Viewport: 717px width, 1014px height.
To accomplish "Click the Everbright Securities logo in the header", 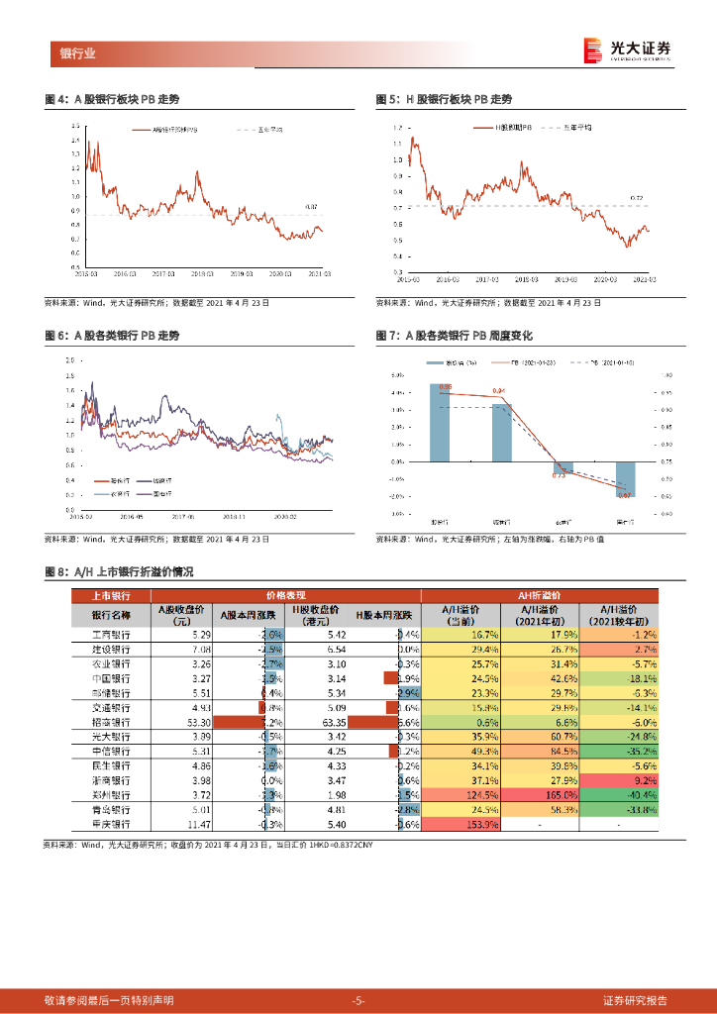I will (x=627, y=50).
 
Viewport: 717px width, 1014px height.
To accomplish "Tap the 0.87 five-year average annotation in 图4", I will (x=311, y=206).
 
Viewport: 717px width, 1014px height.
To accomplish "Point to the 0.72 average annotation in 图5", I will (x=637, y=198).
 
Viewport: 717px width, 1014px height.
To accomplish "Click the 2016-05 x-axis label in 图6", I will (x=132, y=516).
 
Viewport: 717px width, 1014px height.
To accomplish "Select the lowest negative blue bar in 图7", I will (x=625, y=479).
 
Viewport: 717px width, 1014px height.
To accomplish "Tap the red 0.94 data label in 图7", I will (x=498, y=391).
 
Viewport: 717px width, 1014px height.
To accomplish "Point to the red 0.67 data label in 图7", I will (x=625, y=493).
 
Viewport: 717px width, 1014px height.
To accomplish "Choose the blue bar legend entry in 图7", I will (x=441, y=363).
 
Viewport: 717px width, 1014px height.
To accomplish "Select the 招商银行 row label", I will (x=111, y=724).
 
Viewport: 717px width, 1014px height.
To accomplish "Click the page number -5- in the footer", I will (x=358, y=1000).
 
